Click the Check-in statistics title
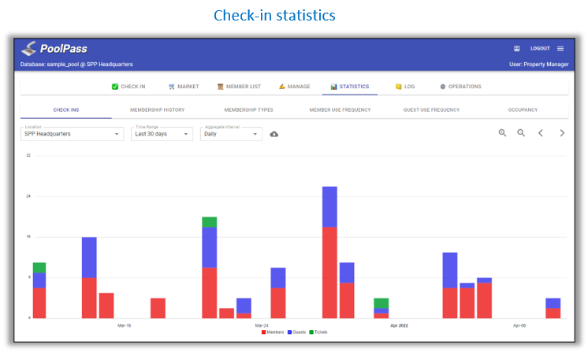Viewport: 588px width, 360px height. tap(274, 15)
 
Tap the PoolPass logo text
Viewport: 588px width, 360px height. tap(63, 48)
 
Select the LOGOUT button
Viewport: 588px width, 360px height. tap(539, 48)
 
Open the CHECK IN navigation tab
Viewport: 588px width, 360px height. tap(128, 87)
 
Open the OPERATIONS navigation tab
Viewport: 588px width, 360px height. tap(460, 87)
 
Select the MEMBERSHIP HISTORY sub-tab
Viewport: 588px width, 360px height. tap(157, 109)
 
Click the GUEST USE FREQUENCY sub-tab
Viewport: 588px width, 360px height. tap(431, 109)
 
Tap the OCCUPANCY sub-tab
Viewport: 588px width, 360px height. tap(523, 109)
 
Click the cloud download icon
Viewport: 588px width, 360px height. tap(274, 134)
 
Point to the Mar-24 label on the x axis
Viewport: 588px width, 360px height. tap(261, 325)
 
